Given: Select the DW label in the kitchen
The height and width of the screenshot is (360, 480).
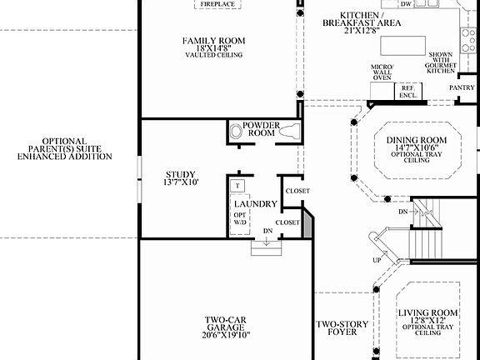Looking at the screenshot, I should pos(406,4).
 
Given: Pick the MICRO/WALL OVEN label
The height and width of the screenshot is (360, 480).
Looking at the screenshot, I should pos(382,72).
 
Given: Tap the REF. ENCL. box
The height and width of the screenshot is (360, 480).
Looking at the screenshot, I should pos(408,91).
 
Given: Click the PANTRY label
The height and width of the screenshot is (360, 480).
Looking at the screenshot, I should pos(462,87).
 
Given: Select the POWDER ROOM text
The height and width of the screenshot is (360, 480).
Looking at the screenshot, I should pos(261,129).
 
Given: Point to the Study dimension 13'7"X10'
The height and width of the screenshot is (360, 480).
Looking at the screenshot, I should pos(182,182).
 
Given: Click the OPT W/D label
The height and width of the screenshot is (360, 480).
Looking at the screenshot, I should pos(240,218).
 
